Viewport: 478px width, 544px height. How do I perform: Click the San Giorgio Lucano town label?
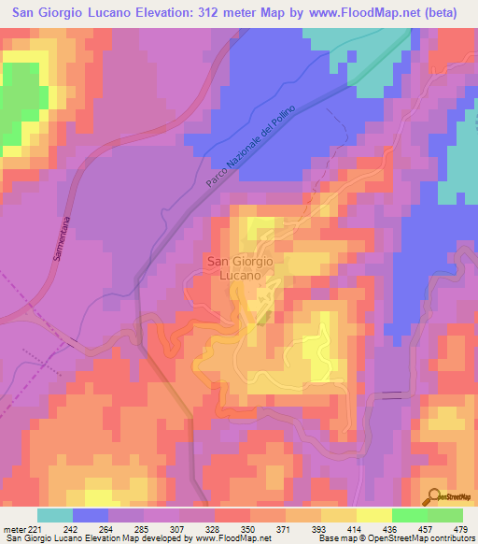click(239, 268)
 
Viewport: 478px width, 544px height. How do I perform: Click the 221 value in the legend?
click(36, 529)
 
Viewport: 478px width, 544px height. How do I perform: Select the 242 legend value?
click(72, 529)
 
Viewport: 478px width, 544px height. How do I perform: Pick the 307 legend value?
click(178, 529)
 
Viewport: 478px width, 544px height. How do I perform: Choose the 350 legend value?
click(249, 529)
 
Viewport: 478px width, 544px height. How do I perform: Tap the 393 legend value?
click(320, 529)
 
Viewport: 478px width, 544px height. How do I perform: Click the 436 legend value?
click(391, 529)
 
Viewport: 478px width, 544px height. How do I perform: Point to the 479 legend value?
click(459, 529)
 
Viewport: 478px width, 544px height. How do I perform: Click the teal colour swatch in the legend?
click(54, 515)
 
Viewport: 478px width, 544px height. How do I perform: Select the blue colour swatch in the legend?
click(90, 515)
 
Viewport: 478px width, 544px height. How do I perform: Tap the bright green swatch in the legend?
click(409, 515)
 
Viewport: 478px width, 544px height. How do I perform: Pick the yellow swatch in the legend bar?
click(373, 515)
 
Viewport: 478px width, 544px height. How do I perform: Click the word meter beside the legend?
click(14, 529)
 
